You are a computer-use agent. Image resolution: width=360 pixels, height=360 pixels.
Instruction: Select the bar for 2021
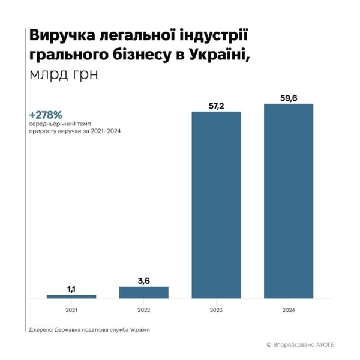click(x=71, y=296)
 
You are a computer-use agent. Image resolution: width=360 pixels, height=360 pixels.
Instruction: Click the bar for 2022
click(x=144, y=292)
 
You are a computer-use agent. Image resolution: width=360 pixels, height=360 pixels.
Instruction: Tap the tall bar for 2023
click(x=216, y=205)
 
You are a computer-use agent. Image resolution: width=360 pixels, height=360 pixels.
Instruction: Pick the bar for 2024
click(x=289, y=201)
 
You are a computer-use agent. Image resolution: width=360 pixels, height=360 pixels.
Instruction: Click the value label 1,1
click(x=71, y=289)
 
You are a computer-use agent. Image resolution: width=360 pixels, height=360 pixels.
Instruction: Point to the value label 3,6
click(x=144, y=281)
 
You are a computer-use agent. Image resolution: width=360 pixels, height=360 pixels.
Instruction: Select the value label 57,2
click(x=216, y=106)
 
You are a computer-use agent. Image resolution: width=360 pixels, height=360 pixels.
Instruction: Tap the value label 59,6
click(x=289, y=98)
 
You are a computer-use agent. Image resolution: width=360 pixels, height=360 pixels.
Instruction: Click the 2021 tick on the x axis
click(x=71, y=310)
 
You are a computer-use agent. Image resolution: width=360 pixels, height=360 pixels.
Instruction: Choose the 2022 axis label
click(x=144, y=310)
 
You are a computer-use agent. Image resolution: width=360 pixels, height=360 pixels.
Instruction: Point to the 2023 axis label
click(x=216, y=310)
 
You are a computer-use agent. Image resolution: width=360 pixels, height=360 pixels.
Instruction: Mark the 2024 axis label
click(x=289, y=310)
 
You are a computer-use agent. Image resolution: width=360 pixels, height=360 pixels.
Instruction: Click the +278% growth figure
click(x=46, y=114)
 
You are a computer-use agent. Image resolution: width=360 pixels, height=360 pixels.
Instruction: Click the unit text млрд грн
click(x=61, y=76)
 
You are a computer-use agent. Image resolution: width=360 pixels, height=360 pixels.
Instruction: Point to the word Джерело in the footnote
click(x=41, y=330)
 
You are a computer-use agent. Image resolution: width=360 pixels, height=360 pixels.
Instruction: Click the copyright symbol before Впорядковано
click(x=269, y=345)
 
